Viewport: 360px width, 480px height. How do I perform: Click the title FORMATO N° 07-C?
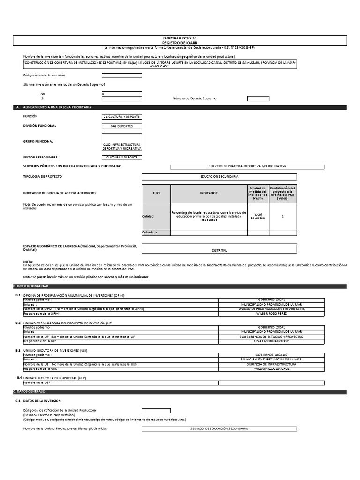coord(180,37)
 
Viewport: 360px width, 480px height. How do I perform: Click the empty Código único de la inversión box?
coord(121,75)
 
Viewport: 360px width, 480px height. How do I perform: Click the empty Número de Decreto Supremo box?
coord(258,98)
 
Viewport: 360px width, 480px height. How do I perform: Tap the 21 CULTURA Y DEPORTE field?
coord(122,116)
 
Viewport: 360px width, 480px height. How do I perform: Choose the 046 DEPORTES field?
coord(122,126)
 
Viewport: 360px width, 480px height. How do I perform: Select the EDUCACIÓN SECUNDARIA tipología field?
coord(219,176)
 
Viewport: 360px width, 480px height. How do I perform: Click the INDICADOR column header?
coord(209,193)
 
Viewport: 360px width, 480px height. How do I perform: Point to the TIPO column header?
coord(156,193)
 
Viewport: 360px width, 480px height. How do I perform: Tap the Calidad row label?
coord(148,216)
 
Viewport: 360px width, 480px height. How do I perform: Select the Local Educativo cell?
coord(258,216)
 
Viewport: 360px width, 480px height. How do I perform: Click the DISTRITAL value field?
coord(219,250)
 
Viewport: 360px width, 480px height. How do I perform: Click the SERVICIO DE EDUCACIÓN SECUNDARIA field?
coord(219,428)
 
